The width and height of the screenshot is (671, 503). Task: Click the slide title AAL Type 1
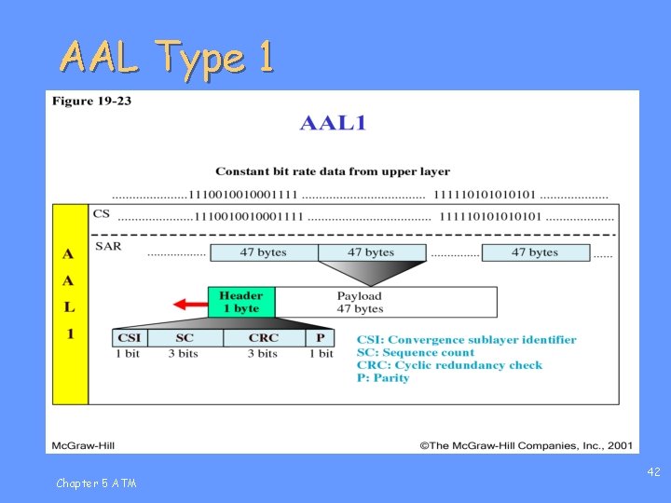(x=168, y=58)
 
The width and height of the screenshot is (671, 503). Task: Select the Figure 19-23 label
(x=91, y=101)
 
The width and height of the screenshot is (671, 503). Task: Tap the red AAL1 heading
(x=332, y=124)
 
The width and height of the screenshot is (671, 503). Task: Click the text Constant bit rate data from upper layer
(x=332, y=171)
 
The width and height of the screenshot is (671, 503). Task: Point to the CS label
(x=102, y=214)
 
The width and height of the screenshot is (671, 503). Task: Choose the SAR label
(x=108, y=247)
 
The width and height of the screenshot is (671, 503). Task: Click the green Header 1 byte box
(x=240, y=302)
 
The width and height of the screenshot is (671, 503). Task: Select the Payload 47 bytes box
(x=386, y=302)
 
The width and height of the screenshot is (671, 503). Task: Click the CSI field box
(x=129, y=338)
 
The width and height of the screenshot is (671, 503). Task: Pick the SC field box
(x=185, y=338)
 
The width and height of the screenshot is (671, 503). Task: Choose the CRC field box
(x=264, y=338)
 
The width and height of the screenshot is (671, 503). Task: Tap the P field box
(x=320, y=338)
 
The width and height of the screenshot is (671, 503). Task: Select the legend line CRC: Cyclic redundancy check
(x=449, y=365)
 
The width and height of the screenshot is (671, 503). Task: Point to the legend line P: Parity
(x=383, y=378)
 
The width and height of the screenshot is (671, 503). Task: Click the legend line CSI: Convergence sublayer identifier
(x=466, y=340)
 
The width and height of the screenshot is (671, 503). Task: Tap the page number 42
(x=653, y=472)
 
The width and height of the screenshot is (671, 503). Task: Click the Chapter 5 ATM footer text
(x=95, y=483)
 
